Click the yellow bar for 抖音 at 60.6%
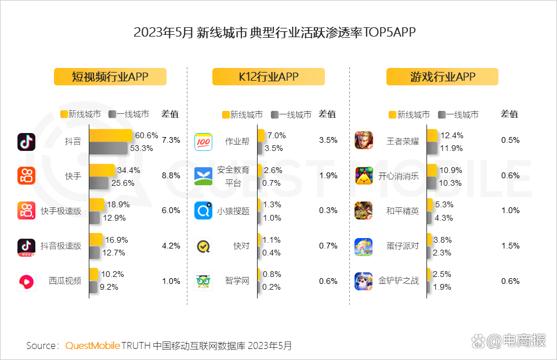[110, 135]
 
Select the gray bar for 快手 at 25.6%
[99, 183]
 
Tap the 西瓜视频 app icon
[27, 282]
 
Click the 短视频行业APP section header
[110, 77]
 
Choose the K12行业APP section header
[268, 77]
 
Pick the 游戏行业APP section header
[442, 77]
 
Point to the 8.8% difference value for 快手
[171, 175]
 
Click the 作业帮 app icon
[203, 141]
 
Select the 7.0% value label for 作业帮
[277, 135]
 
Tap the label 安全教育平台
[233, 175]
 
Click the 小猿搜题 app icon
[203, 211]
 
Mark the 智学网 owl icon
[203, 282]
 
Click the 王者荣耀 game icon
[364, 141]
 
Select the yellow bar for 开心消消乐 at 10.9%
[432, 170]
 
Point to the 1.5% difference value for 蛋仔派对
[511, 246]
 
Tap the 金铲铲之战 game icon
[364, 282]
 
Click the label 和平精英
[403, 211]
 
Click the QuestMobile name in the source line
[92, 345]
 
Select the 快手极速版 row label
[61, 211]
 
